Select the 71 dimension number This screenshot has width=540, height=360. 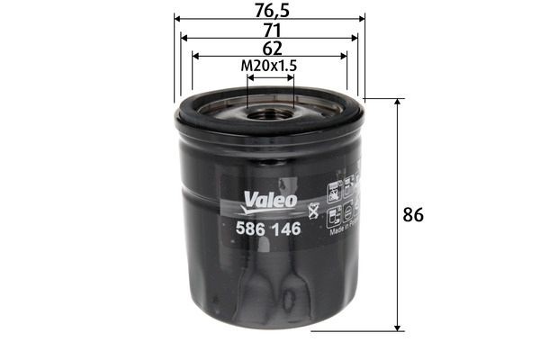269,29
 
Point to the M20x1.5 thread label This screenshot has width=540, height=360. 269,66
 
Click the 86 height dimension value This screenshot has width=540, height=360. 413,215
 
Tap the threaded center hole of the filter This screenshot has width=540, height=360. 270,113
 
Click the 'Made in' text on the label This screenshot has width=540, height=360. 345,230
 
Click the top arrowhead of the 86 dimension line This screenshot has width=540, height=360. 397,103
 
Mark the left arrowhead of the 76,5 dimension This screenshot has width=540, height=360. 177,17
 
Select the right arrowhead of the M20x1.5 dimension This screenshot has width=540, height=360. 290,78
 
